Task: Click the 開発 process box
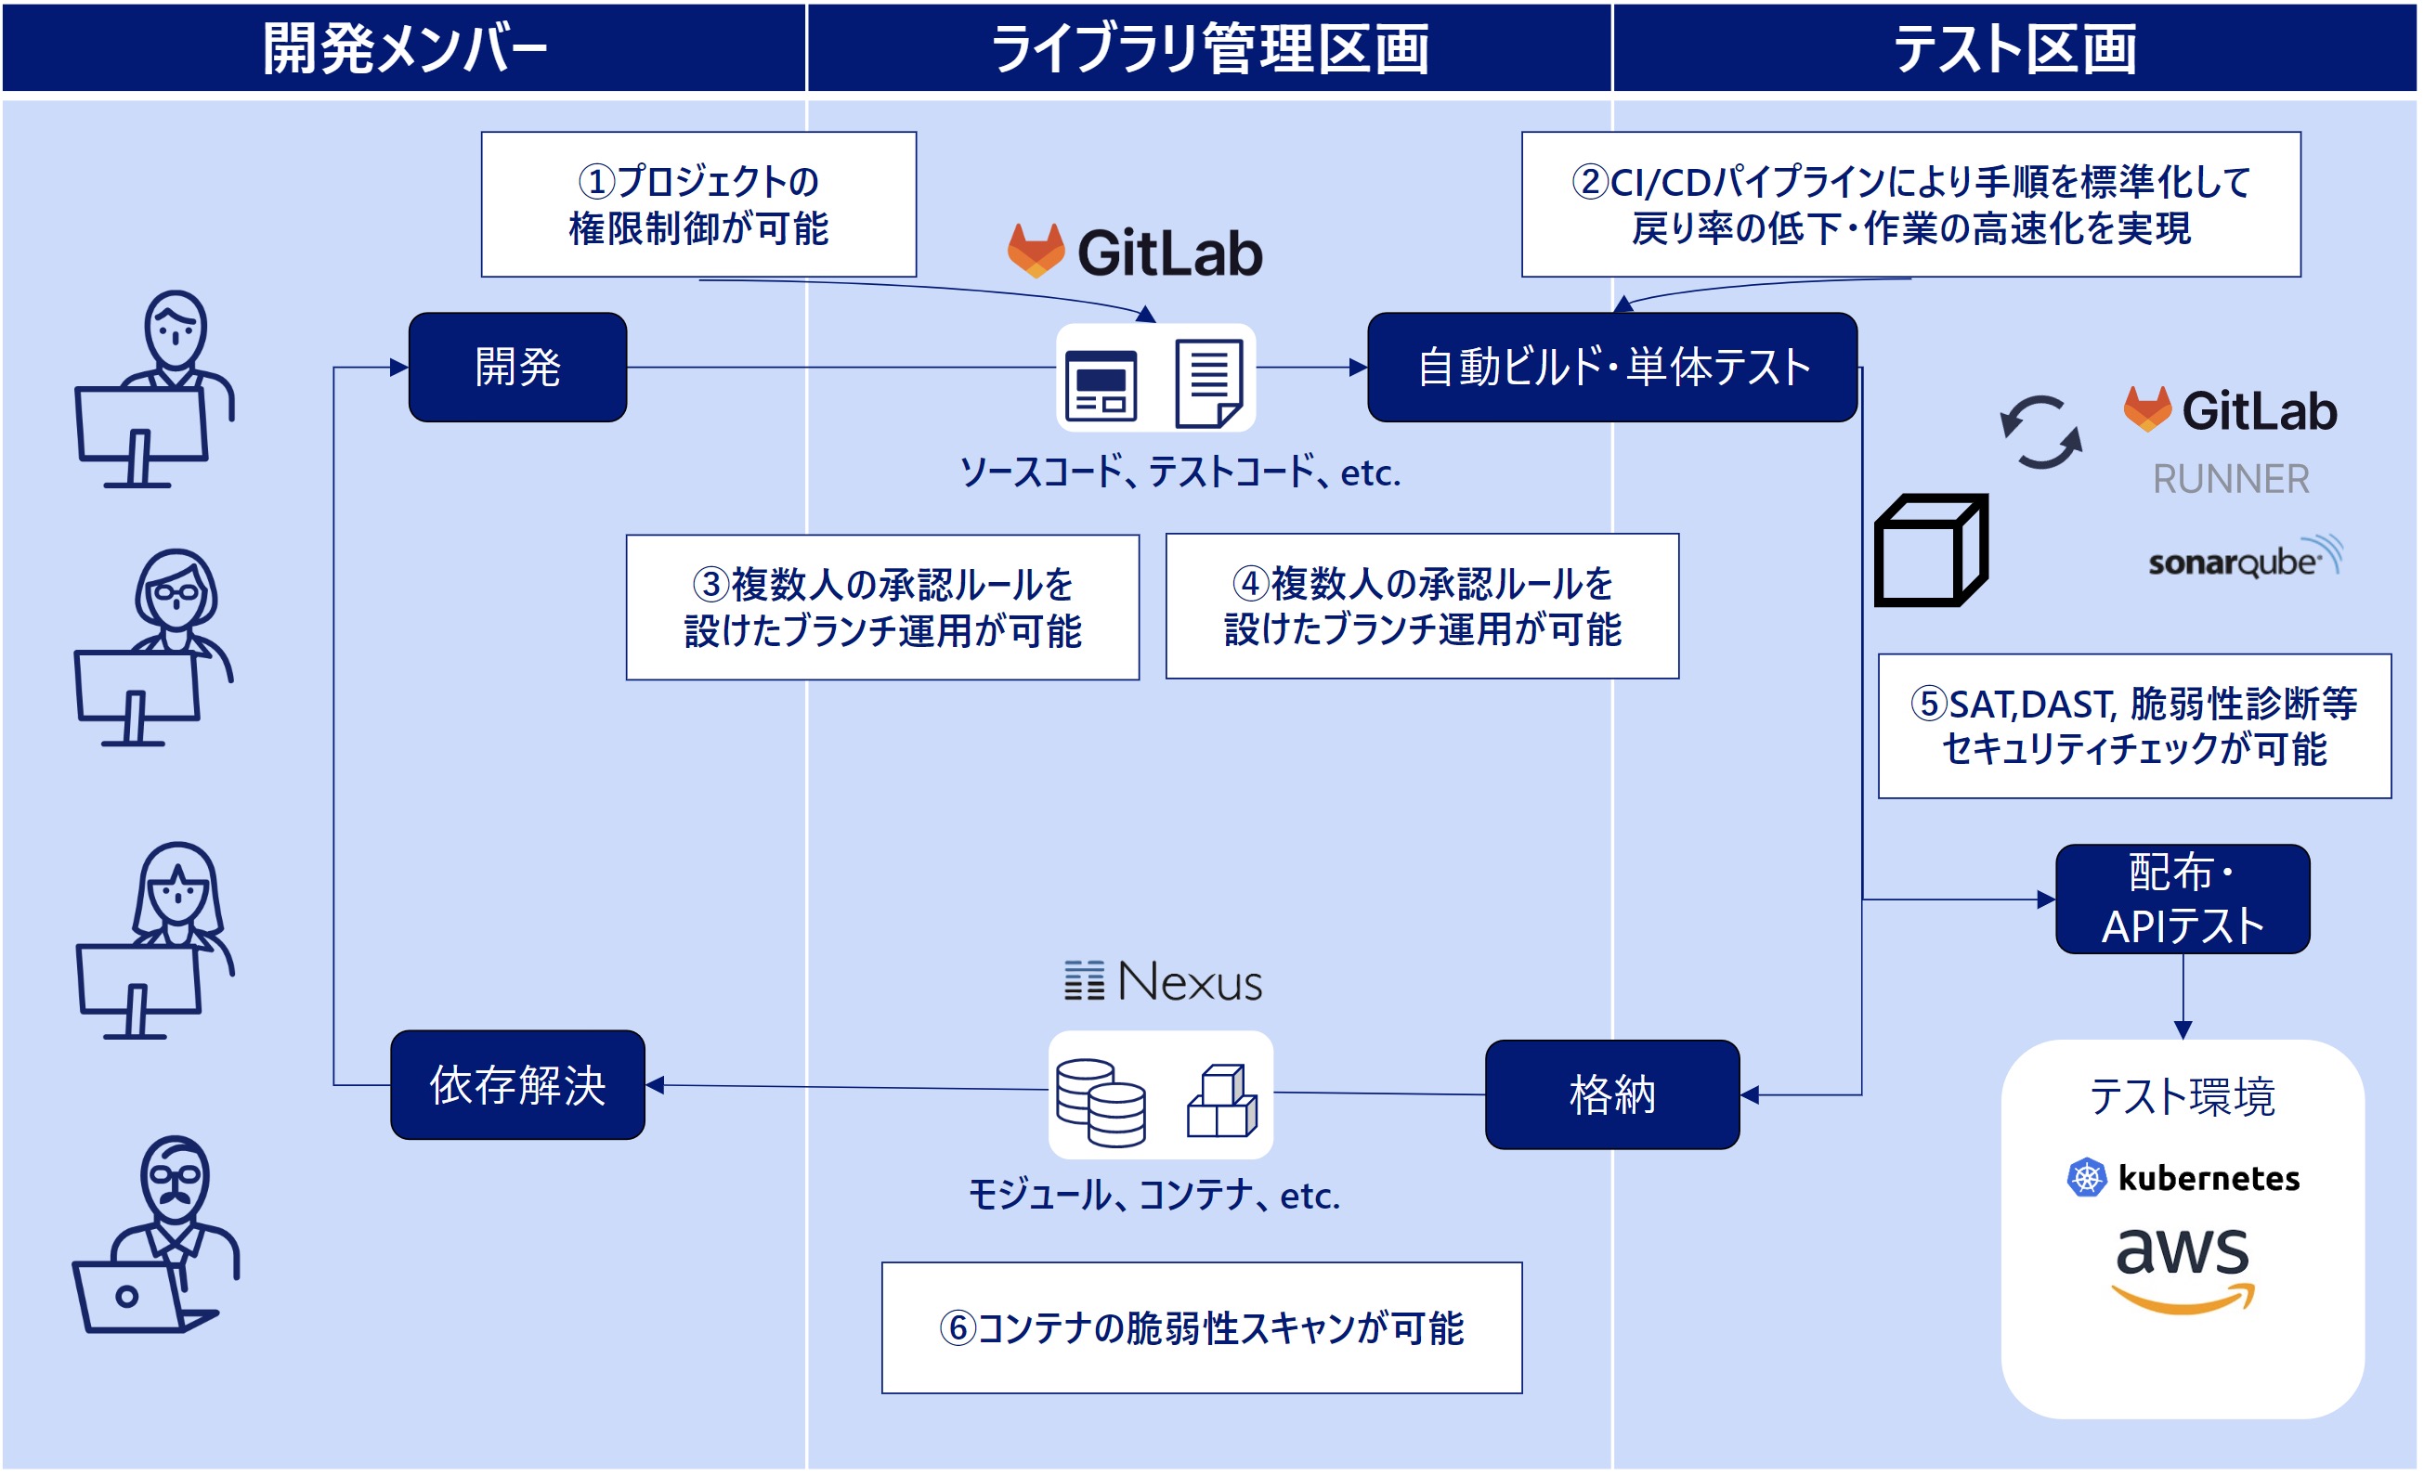tap(517, 368)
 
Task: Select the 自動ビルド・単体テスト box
tap(1611, 368)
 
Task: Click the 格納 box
tap(1611, 1094)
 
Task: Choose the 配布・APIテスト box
tap(2182, 899)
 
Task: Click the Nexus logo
tap(1163, 981)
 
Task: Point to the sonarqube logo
tap(2243, 559)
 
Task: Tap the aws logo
tap(2182, 1269)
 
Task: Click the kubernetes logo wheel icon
tap(2086, 1177)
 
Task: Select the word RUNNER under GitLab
tap(2230, 479)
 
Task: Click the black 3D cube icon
tap(1930, 550)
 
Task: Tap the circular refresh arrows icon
tap(2040, 433)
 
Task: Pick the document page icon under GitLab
tap(1209, 382)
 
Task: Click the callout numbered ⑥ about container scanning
tap(1201, 1327)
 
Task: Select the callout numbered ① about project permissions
tap(698, 204)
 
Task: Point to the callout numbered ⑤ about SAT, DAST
tap(2134, 726)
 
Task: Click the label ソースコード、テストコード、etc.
tap(1179, 473)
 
